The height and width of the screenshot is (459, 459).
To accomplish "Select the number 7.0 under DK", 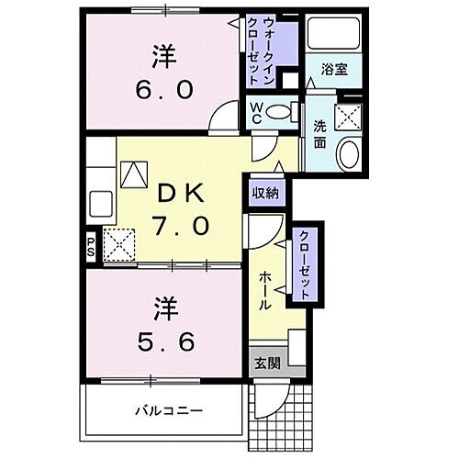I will click(x=183, y=224).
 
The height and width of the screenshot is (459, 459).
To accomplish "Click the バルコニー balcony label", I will click(x=171, y=410).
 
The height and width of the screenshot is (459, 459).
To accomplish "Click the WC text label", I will click(x=260, y=112).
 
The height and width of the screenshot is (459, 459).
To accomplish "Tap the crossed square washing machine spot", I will click(x=348, y=116).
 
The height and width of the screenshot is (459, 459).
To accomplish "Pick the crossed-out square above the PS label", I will click(x=119, y=244).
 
